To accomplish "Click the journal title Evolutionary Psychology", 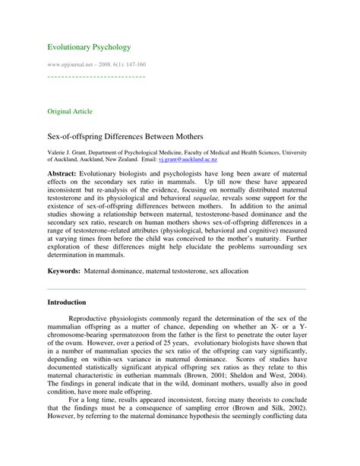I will click(89, 47).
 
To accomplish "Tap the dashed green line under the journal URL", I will click(96, 77).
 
